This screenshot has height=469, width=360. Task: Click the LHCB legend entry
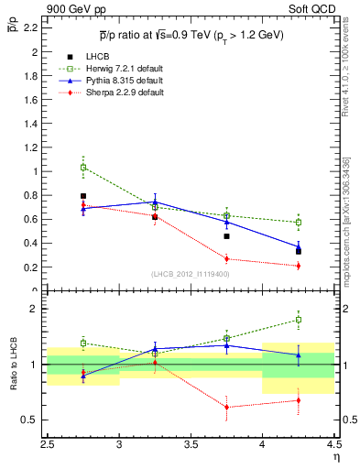click(x=98, y=57)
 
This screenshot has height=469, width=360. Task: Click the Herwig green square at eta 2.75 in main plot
click(x=83, y=168)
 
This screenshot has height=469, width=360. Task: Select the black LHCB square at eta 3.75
click(x=226, y=236)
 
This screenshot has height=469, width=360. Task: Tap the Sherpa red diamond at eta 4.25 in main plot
click(x=298, y=266)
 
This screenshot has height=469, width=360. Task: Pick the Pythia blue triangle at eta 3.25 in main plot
click(x=155, y=202)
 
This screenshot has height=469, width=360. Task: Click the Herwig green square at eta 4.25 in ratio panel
click(x=298, y=320)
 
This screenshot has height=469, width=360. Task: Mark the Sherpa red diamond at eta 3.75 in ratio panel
click(x=226, y=407)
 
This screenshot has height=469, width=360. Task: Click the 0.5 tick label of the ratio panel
click(x=29, y=420)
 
